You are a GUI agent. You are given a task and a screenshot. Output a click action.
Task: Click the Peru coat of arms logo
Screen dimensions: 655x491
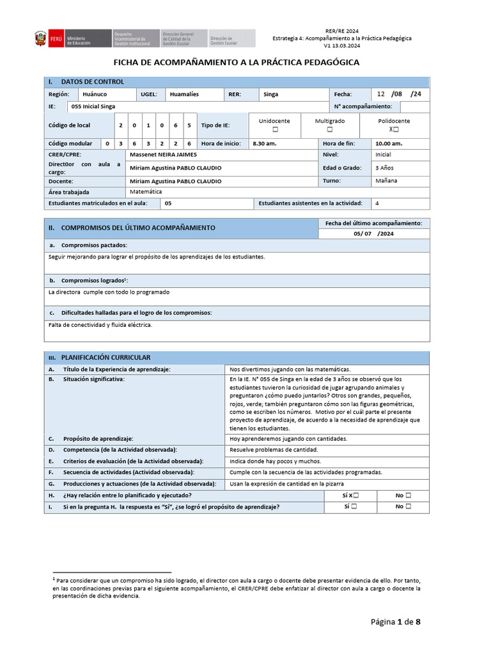click(x=42, y=39)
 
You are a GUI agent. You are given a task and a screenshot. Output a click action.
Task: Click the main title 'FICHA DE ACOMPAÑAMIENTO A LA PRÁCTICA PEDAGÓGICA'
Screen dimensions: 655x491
click(x=236, y=63)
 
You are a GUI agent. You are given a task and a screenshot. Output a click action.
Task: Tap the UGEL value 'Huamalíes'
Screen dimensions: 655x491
click(x=183, y=94)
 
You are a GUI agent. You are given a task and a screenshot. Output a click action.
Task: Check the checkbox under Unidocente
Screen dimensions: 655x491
click(x=275, y=129)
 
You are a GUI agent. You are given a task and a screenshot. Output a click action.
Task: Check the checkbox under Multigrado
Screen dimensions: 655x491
click(x=331, y=129)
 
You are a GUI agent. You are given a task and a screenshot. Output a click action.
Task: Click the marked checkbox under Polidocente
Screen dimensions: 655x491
click(x=396, y=129)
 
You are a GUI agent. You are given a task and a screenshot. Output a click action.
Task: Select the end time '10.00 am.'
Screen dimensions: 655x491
click(x=389, y=144)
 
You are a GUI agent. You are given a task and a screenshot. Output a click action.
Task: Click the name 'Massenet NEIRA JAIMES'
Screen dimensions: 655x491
click(x=163, y=155)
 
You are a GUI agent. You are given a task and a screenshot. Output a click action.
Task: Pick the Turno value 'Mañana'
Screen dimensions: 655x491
click(x=386, y=181)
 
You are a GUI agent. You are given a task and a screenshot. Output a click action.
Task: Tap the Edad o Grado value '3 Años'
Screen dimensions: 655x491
click(x=385, y=168)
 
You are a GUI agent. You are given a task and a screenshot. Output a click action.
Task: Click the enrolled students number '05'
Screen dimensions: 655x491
click(x=168, y=203)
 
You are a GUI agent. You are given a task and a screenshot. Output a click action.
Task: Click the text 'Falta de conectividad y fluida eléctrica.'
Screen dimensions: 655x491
click(x=100, y=324)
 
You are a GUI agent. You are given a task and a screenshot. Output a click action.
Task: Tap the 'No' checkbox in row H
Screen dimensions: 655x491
click(x=408, y=495)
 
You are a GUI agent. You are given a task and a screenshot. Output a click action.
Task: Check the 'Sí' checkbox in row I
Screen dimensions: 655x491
click(x=354, y=507)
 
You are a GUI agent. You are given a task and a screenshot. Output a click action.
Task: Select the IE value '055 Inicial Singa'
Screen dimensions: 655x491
click(x=93, y=106)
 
